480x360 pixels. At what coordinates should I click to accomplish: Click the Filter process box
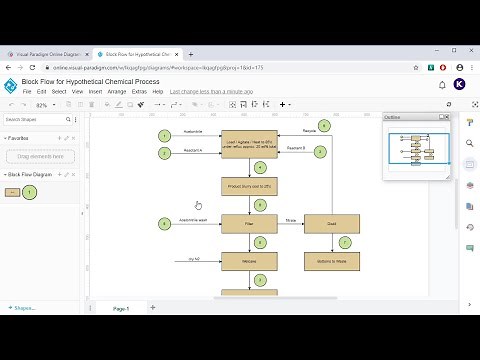tap(248, 223)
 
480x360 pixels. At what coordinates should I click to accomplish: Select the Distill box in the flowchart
tap(331, 223)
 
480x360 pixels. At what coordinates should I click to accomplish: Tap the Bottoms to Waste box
tap(331, 261)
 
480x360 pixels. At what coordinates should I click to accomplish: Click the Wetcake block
tap(248, 261)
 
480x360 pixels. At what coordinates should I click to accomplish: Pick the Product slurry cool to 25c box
tap(248, 186)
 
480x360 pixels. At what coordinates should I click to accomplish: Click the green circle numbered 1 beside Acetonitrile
tap(164, 135)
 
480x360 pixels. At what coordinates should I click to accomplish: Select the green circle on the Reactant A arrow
tap(164, 153)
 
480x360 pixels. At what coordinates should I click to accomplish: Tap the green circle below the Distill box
tap(345, 242)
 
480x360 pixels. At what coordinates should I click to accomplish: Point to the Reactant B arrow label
tap(296, 148)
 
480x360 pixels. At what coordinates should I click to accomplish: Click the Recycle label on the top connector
tap(310, 131)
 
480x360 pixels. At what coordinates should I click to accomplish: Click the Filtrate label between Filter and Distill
tap(290, 218)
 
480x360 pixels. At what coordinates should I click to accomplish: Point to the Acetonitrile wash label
tap(193, 218)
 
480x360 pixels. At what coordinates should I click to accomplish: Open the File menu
tap(27, 91)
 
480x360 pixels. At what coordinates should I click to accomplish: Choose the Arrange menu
tap(117, 91)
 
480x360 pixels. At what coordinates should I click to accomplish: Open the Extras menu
tap(139, 91)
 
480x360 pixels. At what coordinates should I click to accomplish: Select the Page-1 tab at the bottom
tap(120, 308)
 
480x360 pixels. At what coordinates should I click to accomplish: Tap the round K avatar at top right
tap(459, 85)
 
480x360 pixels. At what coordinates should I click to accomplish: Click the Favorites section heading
tap(21, 138)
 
